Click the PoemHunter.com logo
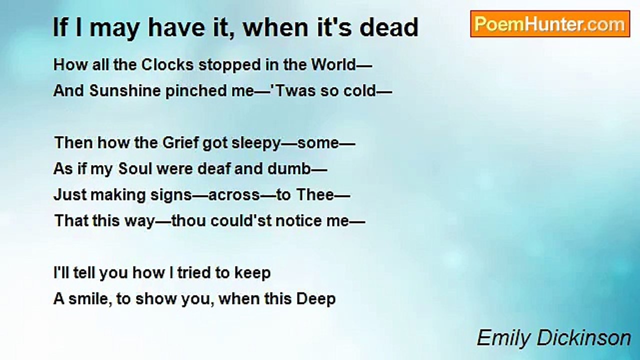(x=550, y=24)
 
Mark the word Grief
(x=180, y=143)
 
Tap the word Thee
(x=315, y=195)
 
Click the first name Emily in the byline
(x=504, y=338)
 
